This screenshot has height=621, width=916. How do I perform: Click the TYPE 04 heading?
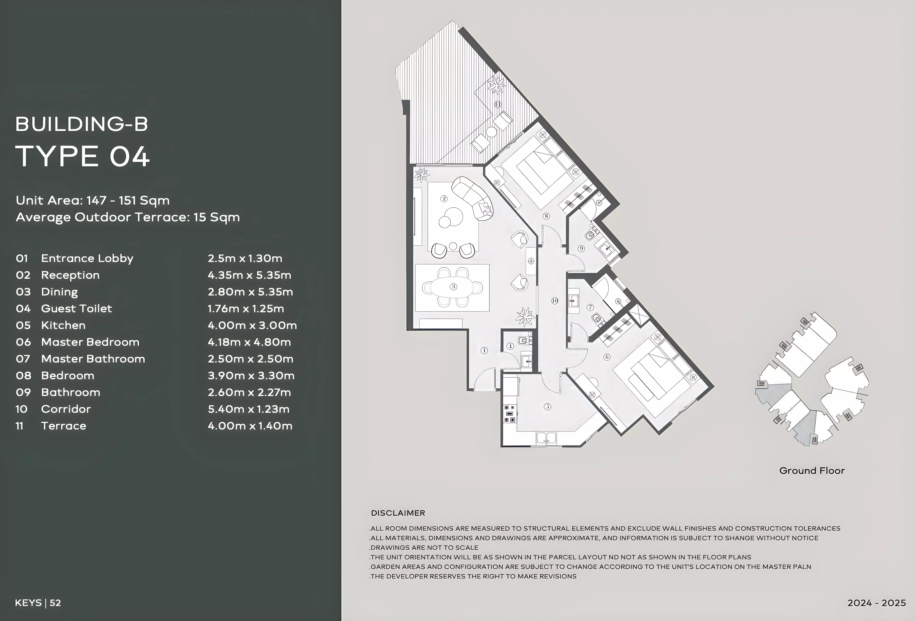[x=82, y=157]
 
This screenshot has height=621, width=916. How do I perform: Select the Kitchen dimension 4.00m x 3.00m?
[x=252, y=325]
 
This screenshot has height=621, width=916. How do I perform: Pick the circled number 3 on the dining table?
[x=454, y=287]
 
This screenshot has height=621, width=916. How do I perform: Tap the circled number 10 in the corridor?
[x=555, y=301]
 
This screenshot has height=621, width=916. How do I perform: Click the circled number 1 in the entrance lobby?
[x=484, y=350]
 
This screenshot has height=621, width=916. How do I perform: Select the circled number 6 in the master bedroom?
[x=607, y=357]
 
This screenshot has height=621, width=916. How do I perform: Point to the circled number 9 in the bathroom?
[x=581, y=249]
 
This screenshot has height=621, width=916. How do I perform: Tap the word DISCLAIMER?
[x=398, y=513]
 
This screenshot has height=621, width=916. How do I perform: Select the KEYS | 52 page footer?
[x=38, y=603]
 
